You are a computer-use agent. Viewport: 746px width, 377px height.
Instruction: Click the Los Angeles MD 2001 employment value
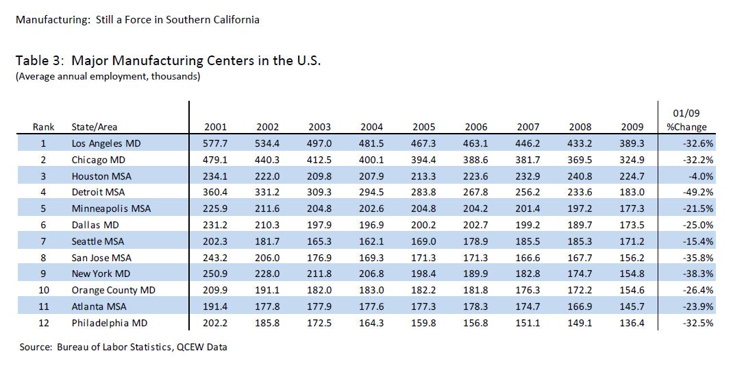click(x=215, y=144)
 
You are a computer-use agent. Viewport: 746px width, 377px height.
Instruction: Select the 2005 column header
click(x=424, y=127)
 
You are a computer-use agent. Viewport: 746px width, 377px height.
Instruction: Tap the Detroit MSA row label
click(x=98, y=193)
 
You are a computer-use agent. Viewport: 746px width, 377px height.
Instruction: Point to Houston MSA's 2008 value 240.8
click(x=580, y=176)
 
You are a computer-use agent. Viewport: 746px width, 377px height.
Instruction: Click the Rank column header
click(x=43, y=127)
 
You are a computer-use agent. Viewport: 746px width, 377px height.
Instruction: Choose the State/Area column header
click(x=94, y=127)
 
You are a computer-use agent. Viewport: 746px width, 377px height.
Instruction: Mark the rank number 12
click(x=43, y=323)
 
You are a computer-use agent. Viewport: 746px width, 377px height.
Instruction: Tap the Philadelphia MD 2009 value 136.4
click(x=632, y=323)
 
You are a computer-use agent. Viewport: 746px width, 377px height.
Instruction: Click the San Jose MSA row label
click(x=101, y=258)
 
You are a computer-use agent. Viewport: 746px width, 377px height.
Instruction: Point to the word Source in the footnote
click(x=36, y=347)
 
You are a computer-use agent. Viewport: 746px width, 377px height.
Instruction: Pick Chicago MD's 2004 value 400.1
click(x=372, y=160)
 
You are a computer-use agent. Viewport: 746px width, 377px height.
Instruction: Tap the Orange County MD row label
click(x=113, y=290)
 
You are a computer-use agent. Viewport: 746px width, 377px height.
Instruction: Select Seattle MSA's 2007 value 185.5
click(x=528, y=241)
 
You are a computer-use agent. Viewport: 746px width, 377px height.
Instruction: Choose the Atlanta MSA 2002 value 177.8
click(x=267, y=306)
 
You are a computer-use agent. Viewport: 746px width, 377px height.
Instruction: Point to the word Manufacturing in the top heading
click(x=47, y=19)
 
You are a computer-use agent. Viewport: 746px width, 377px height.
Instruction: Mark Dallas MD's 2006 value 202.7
click(x=476, y=225)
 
